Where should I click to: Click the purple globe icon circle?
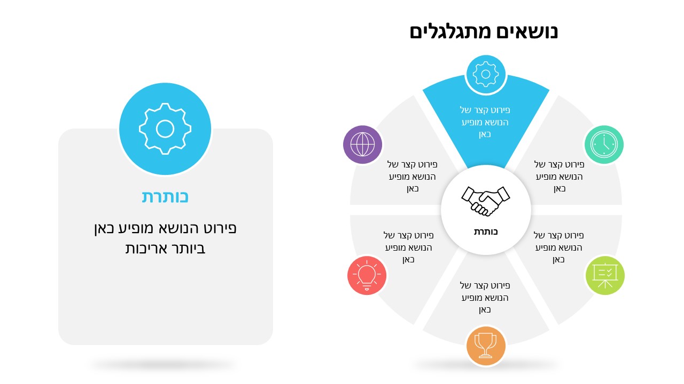(362, 145)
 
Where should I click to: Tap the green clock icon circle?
(604, 145)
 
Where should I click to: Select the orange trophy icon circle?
(486, 346)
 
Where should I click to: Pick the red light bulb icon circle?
(367, 276)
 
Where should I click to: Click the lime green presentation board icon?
(605, 276)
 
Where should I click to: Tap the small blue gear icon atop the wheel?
(486, 74)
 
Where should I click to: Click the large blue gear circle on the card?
(165, 129)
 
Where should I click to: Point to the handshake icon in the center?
(486, 201)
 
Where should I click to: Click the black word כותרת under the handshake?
(486, 232)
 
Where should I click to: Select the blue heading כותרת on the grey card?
(165, 197)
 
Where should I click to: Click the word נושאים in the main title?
(527, 31)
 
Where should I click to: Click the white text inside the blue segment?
(485, 122)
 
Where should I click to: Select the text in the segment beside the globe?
(412, 177)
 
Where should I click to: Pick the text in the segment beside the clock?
(559, 177)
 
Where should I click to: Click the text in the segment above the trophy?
(485, 298)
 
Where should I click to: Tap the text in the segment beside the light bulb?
(409, 247)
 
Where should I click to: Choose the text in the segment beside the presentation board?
(558, 247)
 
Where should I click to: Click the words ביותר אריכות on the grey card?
(165, 249)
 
